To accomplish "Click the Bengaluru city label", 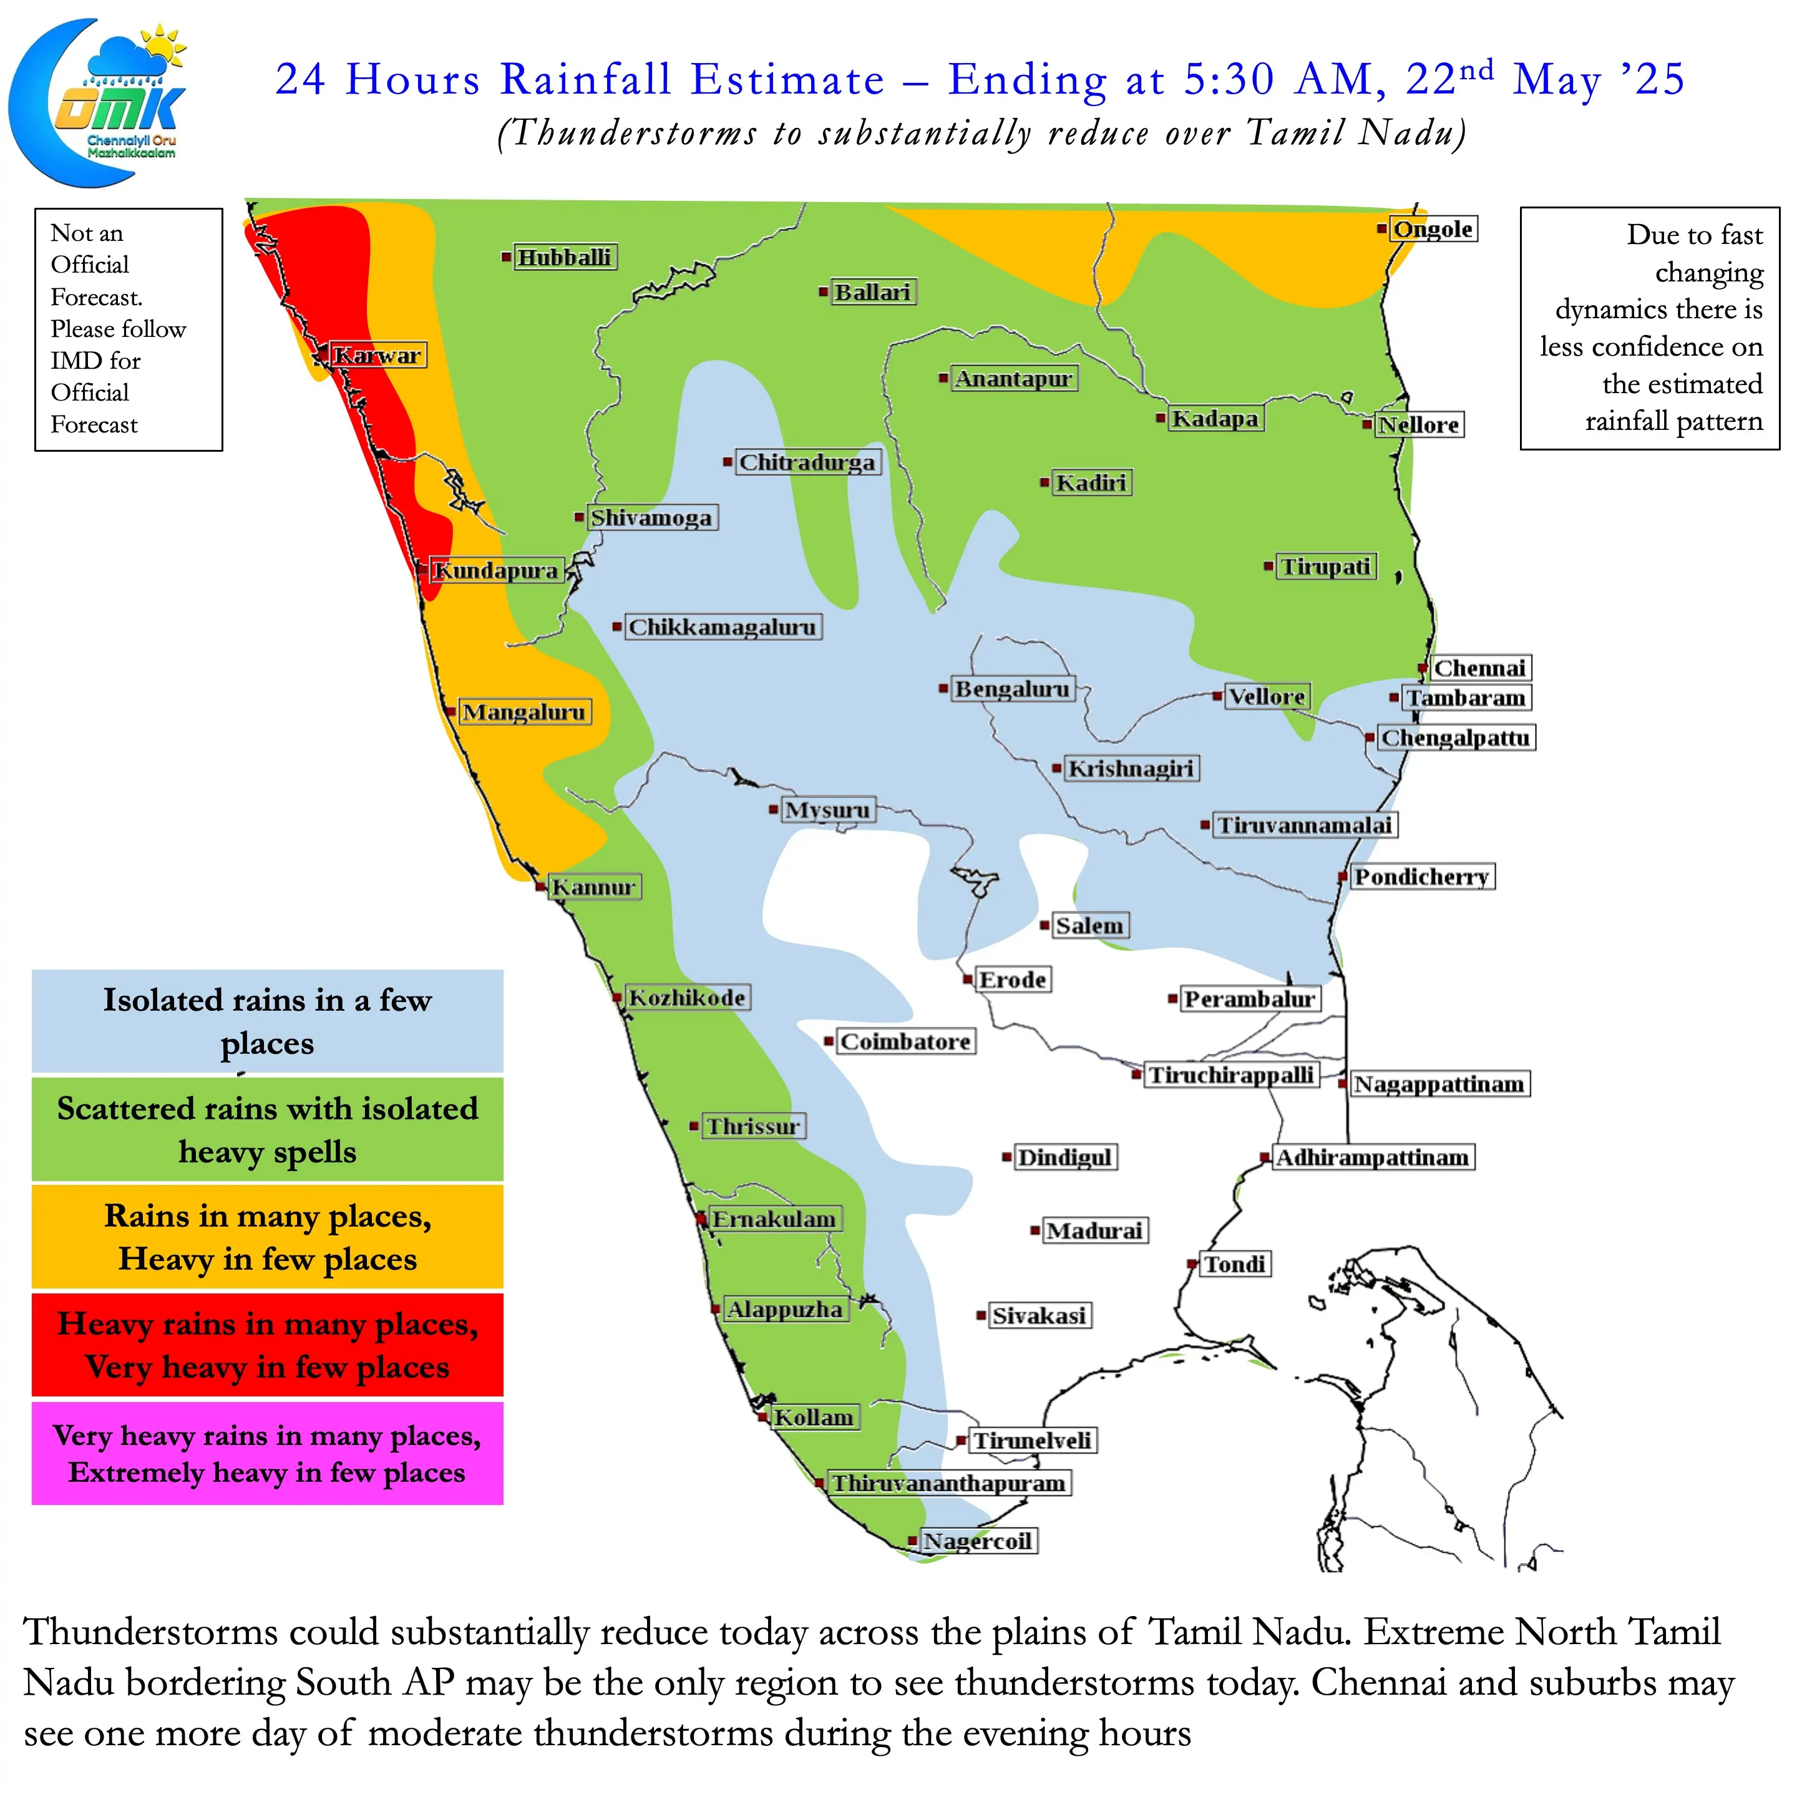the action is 1012,689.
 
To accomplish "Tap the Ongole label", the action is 1433,229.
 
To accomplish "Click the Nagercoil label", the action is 978,1541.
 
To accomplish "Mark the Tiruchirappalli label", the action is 1230,1075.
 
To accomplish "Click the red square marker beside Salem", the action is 1045,925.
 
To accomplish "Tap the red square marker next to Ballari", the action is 823,292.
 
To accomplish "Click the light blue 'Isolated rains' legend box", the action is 267,1021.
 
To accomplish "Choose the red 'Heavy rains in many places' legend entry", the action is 267,1345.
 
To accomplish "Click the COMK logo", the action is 98,102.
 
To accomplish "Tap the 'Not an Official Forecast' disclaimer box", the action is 129,329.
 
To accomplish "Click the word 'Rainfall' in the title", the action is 586,79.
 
